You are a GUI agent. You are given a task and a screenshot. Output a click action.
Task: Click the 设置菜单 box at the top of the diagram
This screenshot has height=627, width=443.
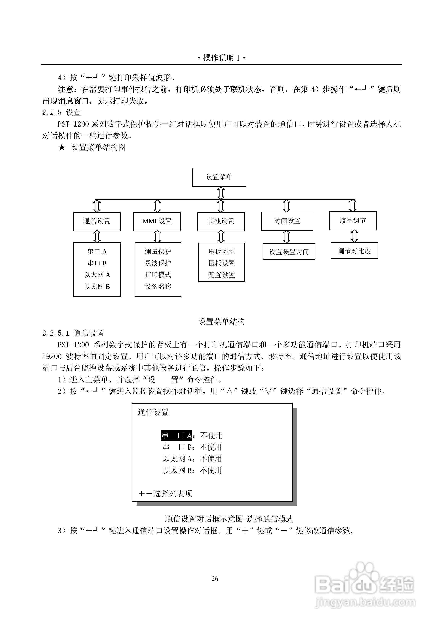(x=219, y=177)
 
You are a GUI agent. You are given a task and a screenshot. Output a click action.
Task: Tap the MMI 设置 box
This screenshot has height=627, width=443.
(x=157, y=221)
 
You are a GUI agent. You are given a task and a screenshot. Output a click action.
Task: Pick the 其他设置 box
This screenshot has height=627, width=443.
(x=221, y=221)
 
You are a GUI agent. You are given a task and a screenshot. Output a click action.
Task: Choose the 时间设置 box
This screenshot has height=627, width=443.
(x=287, y=221)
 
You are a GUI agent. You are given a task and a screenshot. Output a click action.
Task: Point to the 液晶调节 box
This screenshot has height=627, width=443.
(x=353, y=221)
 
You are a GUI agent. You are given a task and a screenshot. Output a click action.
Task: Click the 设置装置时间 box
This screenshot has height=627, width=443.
(x=289, y=252)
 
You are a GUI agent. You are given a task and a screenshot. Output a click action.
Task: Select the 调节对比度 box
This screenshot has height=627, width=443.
(x=354, y=251)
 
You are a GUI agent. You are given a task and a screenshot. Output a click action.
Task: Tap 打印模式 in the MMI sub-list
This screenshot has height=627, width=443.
(x=158, y=275)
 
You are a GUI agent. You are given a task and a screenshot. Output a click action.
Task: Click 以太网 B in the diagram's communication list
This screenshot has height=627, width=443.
(x=97, y=287)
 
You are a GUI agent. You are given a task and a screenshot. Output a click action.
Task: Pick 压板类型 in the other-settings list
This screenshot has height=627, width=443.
(x=221, y=252)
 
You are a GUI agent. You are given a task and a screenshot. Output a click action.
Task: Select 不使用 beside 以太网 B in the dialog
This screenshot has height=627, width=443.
(x=211, y=470)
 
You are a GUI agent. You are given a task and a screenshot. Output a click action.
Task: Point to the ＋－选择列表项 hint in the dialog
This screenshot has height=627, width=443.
(x=165, y=494)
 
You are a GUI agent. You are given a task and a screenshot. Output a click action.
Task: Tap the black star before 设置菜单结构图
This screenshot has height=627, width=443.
(x=62, y=148)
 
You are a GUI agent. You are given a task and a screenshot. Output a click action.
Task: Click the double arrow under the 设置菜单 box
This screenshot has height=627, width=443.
(x=221, y=193)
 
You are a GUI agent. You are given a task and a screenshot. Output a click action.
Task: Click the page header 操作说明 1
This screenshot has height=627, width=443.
(x=221, y=58)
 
